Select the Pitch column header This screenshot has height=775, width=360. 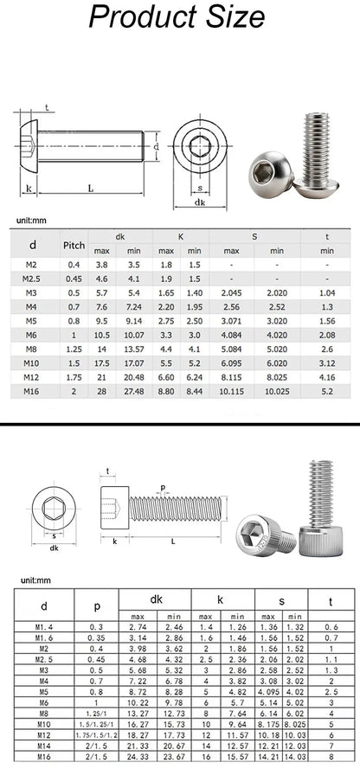click(74, 245)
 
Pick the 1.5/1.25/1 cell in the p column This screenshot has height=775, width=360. click(95, 722)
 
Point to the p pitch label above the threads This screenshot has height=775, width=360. click(162, 487)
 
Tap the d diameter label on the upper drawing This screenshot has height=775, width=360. click(157, 147)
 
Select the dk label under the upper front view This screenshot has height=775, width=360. click(199, 202)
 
